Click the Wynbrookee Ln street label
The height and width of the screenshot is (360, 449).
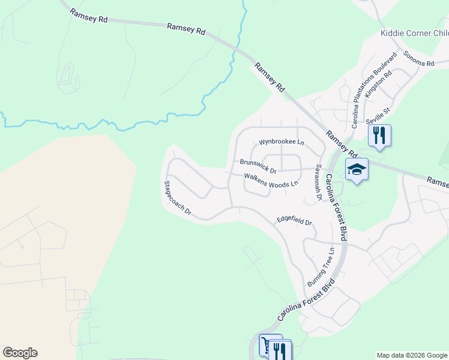click(x=282, y=143)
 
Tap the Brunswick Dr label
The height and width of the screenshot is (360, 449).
click(x=258, y=163)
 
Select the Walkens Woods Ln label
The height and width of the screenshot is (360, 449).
click(x=271, y=180)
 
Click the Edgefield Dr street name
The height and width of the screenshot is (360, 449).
click(x=294, y=221)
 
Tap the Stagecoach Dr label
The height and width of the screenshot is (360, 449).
click(x=177, y=197)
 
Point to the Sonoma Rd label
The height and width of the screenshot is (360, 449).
click(x=418, y=59)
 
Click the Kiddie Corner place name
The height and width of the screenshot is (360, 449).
click(x=414, y=33)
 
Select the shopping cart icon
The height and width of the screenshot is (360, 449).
click(x=265, y=345)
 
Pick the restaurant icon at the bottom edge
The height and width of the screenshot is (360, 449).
click(x=280, y=350)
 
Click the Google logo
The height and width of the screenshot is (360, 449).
click(x=20, y=353)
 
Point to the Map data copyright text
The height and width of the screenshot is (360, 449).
click(x=412, y=355)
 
